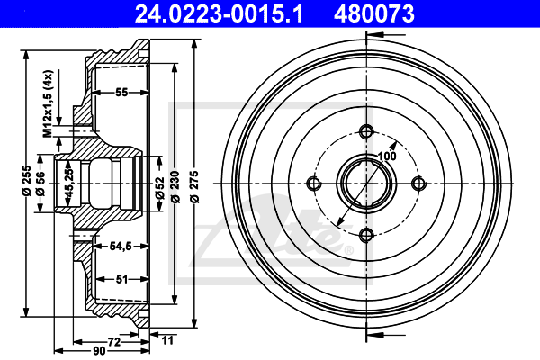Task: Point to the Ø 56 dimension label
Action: (x=42, y=183)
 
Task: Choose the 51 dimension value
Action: (x=120, y=279)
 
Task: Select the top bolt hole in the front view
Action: (x=365, y=131)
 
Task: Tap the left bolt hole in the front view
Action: (x=314, y=184)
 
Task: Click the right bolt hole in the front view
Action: (x=418, y=184)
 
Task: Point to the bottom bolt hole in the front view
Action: (x=365, y=235)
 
